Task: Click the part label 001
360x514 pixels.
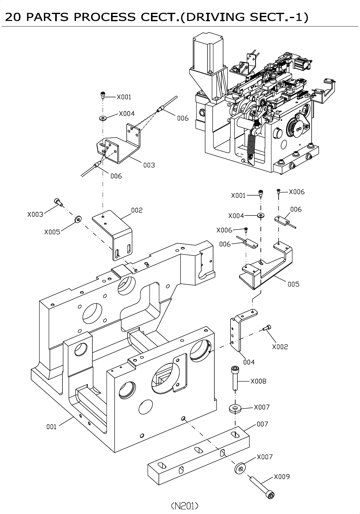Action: [x=51, y=427]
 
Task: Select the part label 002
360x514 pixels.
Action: [x=137, y=210]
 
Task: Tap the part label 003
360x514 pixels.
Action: [x=149, y=165]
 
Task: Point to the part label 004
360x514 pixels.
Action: [x=249, y=362]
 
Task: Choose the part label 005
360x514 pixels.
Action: [x=293, y=284]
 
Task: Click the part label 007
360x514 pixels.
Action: [x=262, y=424]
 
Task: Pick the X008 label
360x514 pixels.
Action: [x=258, y=381]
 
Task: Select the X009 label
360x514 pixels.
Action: [x=282, y=477]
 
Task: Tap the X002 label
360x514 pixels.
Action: [x=280, y=347]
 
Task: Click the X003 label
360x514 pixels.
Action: [x=35, y=215]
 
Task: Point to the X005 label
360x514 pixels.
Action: [x=52, y=232]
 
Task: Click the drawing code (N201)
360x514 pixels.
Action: [x=185, y=506]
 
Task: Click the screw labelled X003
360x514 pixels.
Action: [x=58, y=202]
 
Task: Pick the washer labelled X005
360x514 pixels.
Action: [x=77, y=220]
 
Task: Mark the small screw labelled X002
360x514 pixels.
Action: [x=267, y=328]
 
